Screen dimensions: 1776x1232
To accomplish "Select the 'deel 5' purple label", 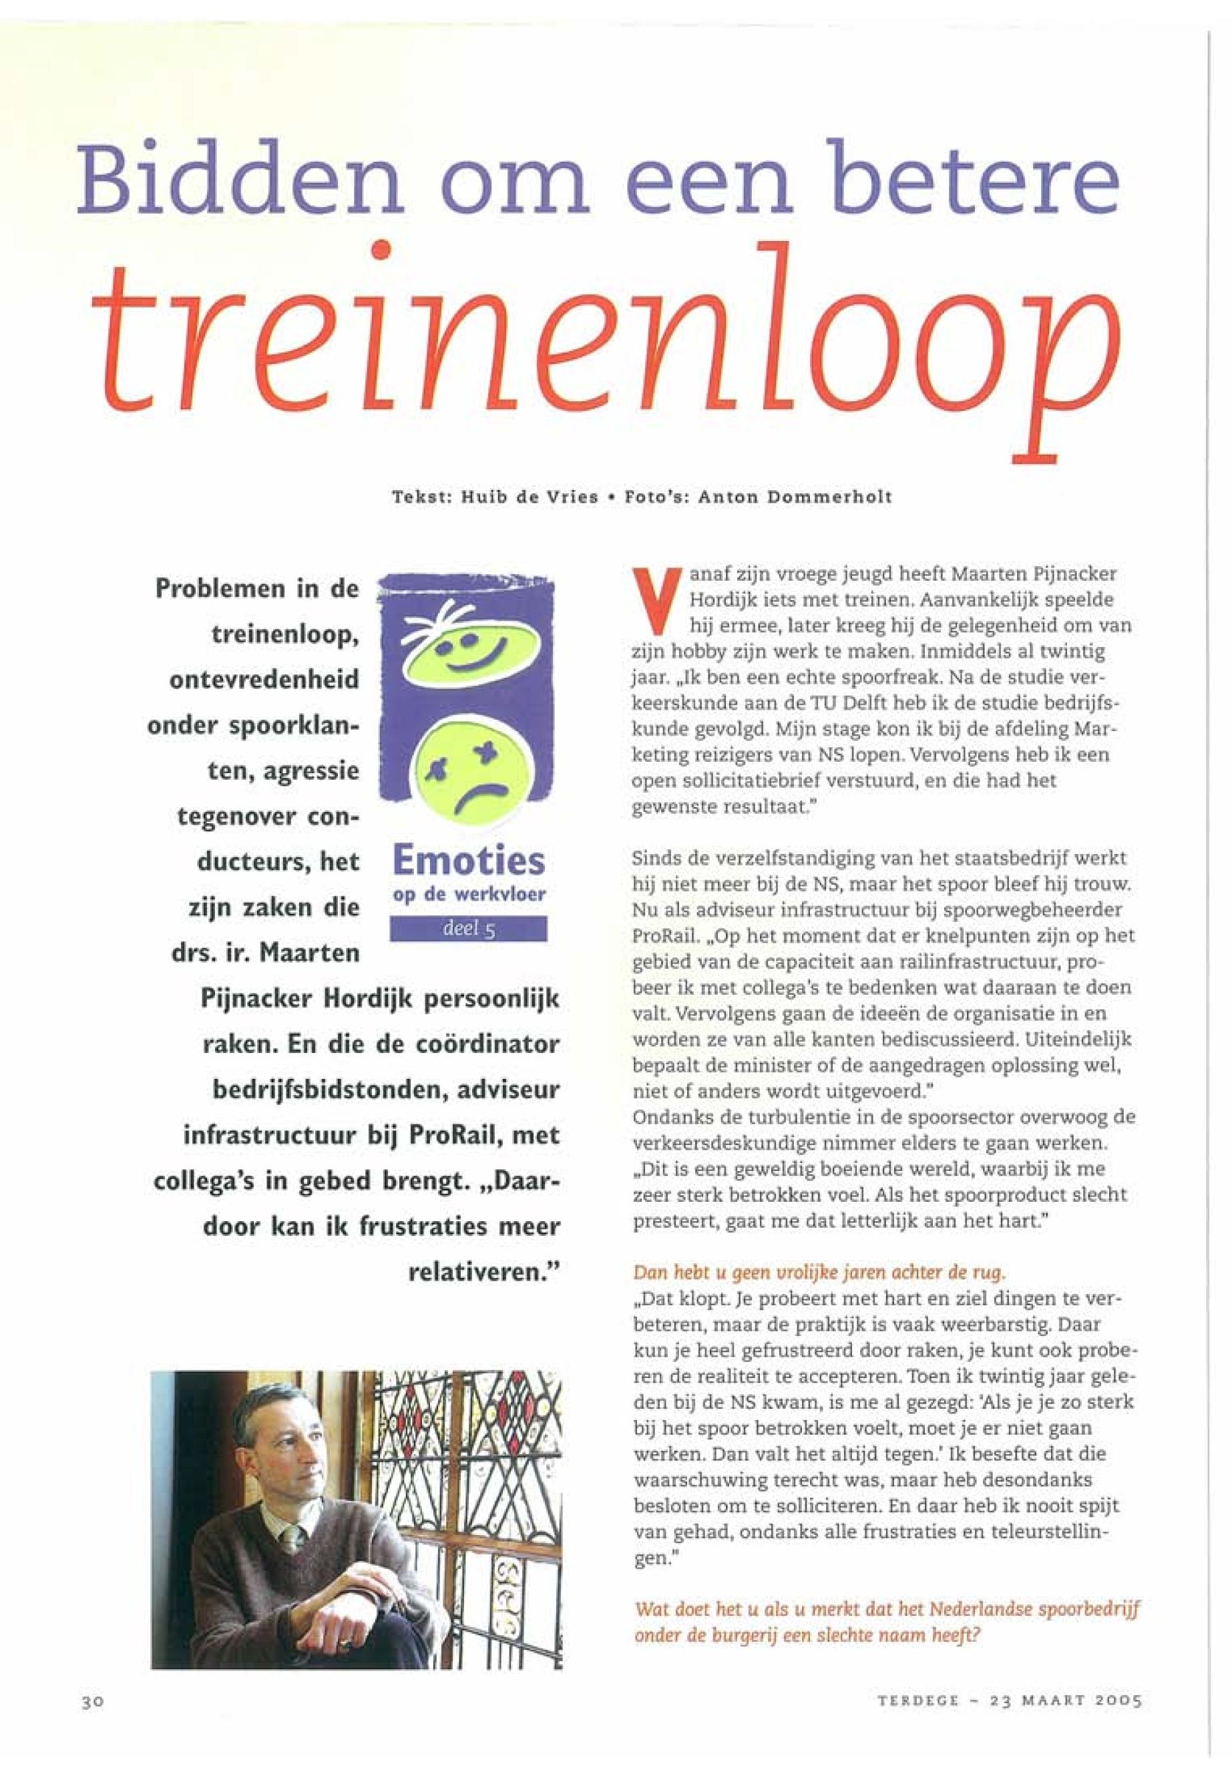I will (x=469, y=929).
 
